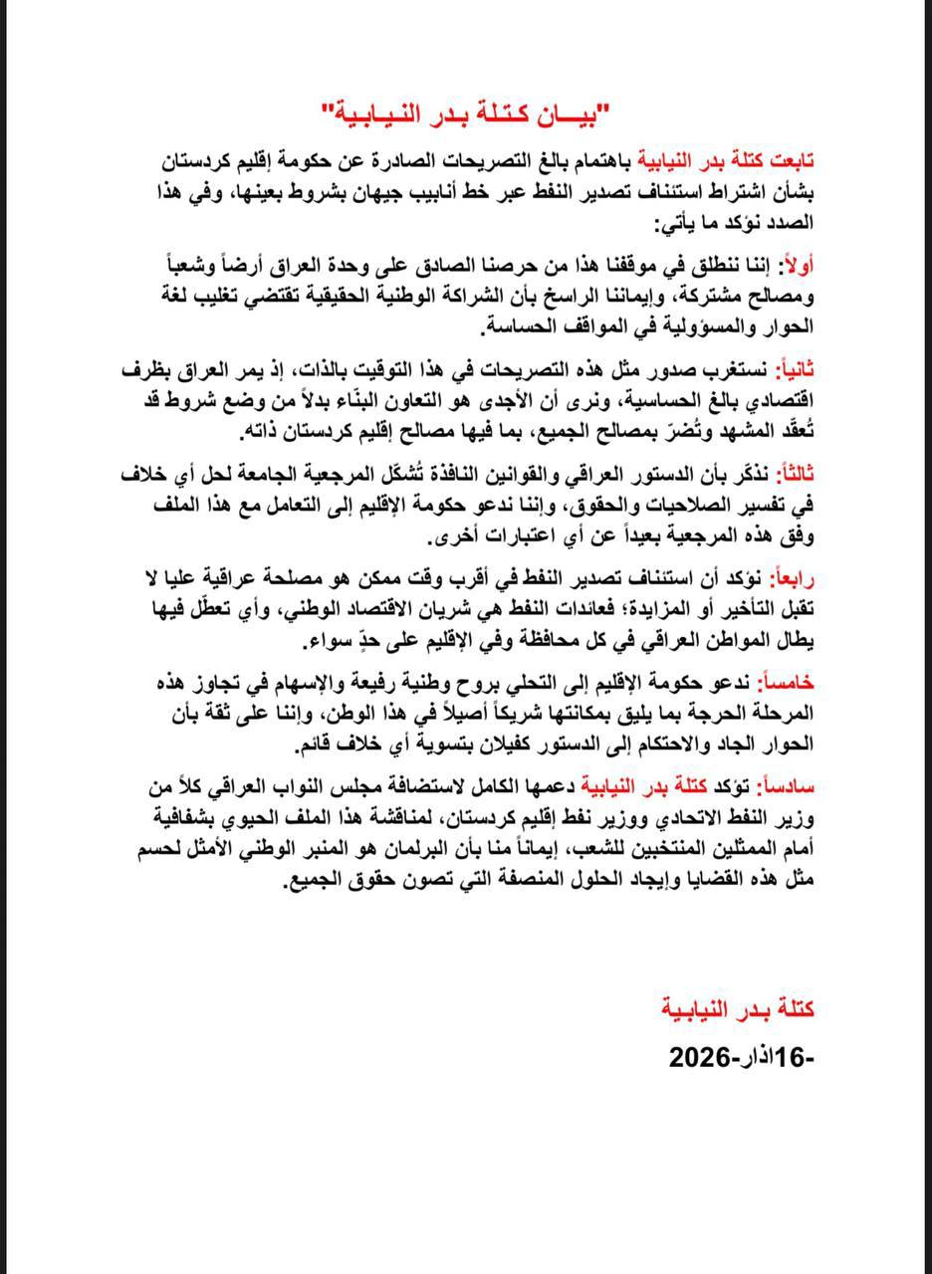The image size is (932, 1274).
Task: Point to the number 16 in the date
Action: click(x=797, y=1056)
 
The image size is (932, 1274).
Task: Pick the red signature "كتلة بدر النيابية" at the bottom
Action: click(x=739, y=1008)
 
